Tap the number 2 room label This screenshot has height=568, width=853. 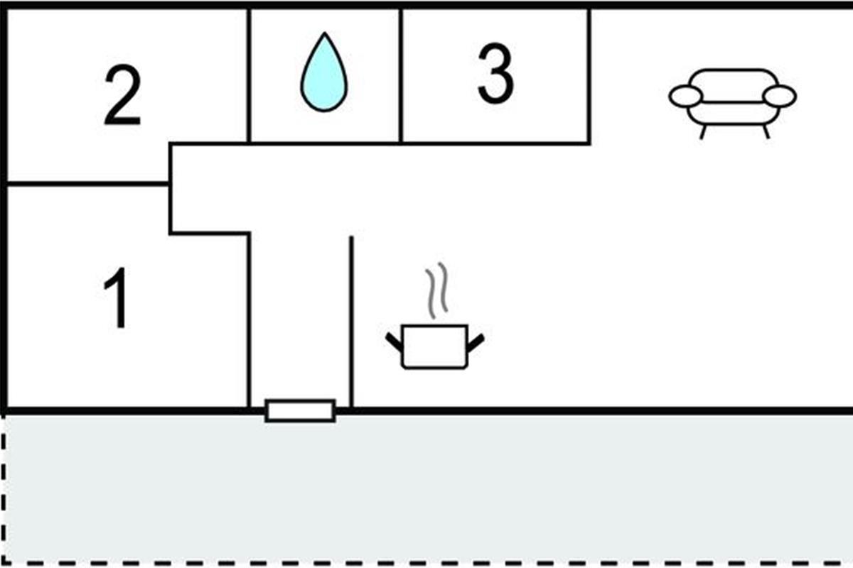click(x=122, y=97)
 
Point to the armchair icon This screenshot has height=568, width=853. click(x=732, y=99)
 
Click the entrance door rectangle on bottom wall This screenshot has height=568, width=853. click(x=300, y=410)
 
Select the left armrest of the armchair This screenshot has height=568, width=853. click(x=686, y=97)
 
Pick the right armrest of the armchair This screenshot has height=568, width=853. click(x=779, y=97)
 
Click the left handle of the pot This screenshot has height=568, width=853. click(x=395, y=341)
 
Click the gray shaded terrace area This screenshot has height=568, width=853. click(x=426, y=490)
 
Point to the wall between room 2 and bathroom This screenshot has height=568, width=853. click(x=249, y=75)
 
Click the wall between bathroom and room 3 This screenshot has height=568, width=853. click(x=401, y=75)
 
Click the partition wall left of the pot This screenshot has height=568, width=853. click(x=351, y=319)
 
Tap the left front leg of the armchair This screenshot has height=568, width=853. click(x=703, y=132)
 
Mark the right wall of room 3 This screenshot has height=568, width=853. click(x=589, y=75)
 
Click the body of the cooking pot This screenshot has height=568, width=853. click(x=434, y=347)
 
